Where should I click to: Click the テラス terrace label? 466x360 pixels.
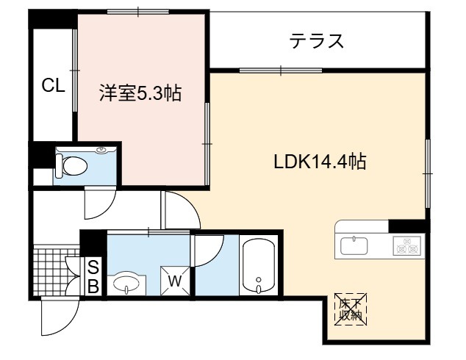coord(317,41)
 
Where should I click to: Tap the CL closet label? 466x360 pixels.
coord(53,85)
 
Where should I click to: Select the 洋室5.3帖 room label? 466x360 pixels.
coord(140,93)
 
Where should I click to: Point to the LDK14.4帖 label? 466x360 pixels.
coord(320,162)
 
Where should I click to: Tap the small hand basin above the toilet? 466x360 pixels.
coord(102,150)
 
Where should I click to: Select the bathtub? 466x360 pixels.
coord(259,266)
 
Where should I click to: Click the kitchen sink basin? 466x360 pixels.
coord(354,246)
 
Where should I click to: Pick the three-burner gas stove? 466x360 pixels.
coord(407,245)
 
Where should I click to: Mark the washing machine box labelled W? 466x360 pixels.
coord(175,281)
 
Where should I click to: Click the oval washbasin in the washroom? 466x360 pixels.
coord(126,283)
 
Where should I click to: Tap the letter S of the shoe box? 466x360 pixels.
coord(93,269)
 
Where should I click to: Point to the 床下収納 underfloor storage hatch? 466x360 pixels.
coord(351,309)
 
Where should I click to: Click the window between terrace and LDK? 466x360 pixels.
coord(281,71)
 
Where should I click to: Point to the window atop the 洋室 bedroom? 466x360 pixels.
coord(138,12)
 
